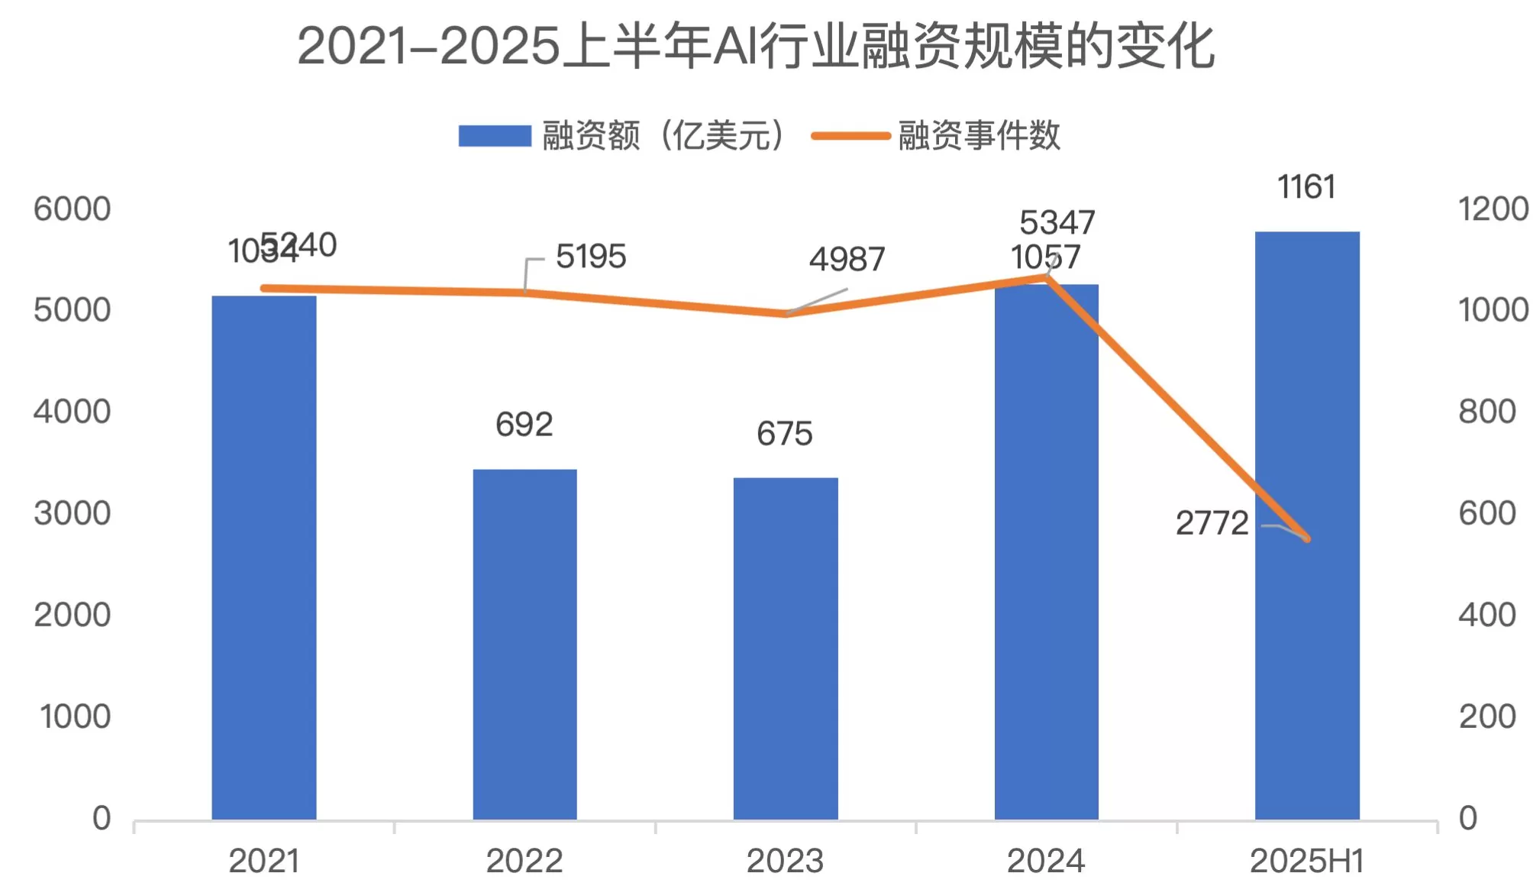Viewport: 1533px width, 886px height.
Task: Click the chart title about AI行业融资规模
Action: [x=755, y=47]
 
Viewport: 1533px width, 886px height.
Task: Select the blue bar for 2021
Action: [x=264, y=558]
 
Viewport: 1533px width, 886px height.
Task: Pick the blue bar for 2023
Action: [x=786, y=648]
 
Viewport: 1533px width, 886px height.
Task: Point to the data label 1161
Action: [x=1306, y=187]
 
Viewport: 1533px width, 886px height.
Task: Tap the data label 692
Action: [x=524, y=425]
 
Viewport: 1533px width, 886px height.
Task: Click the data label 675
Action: [x=785, y=434]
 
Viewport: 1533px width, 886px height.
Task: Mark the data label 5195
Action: [x=591, y=257]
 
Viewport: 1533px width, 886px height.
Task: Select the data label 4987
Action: [x=847, y=260]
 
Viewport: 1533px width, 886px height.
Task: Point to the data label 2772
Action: [x=1212, y=523]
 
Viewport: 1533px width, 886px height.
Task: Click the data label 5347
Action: [x=1057, y=223]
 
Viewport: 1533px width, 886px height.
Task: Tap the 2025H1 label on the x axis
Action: [x=1306, y=862]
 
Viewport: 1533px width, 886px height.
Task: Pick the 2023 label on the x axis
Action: [x=785, y=862]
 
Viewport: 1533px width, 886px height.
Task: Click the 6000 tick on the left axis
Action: [x=73, y=209]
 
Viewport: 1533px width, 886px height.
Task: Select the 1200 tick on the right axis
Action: [x=1493, y=209]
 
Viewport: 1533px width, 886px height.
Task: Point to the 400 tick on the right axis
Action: [x=1486, y=615]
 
